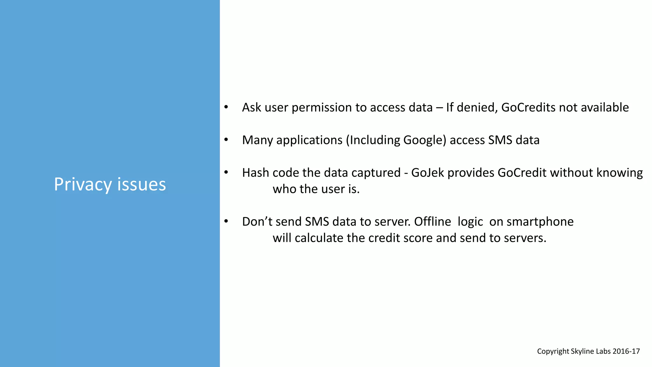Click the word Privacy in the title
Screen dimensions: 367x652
(x=83, y=185)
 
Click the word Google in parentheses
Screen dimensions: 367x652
(x=425, y=140)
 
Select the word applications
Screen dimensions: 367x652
(x=309, y=140)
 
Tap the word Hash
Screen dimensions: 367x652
(x=255, y=173)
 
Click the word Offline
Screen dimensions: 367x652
(x=432, y=222)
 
